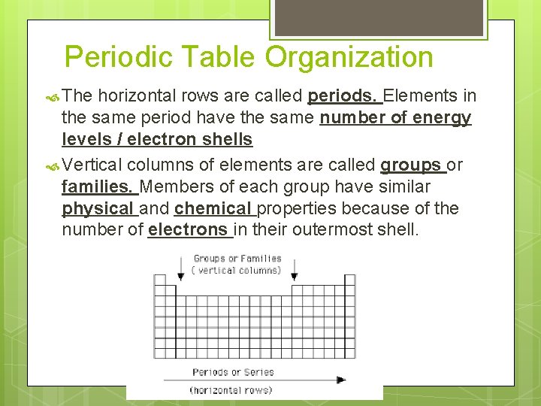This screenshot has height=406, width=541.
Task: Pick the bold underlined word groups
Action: (x=410, y=165)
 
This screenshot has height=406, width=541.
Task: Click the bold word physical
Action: (x=98, y=208)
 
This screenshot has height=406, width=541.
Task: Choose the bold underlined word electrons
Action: (x=188, y=229)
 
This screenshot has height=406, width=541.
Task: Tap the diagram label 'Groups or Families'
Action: (x=237, y=259)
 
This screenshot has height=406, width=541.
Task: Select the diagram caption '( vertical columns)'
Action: (x=237, y=270)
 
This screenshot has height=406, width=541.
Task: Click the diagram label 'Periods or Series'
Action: (x=233, y=372)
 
